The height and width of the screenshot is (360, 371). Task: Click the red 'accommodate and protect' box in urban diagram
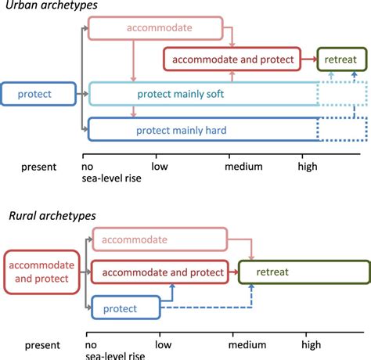(232, 59)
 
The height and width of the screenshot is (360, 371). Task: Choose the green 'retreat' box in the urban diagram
(341, 59)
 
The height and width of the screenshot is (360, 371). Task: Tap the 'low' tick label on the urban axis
(160, 166)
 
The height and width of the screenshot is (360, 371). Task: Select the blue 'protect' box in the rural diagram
(126, 308)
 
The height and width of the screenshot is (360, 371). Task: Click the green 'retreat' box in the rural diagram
(302, 272)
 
